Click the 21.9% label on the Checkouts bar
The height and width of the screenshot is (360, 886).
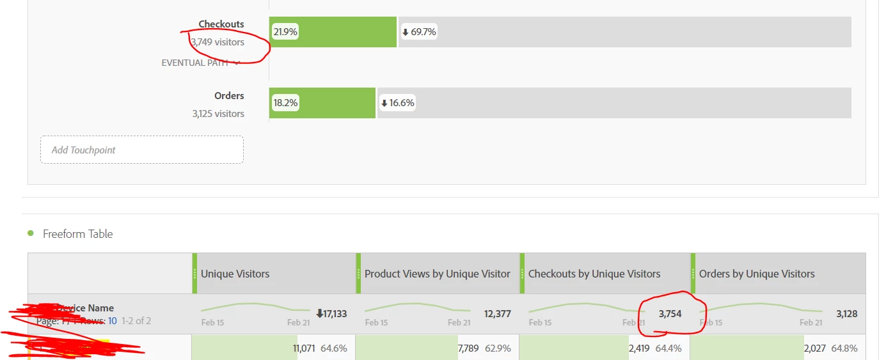pyautogui.click(x=285, y=32)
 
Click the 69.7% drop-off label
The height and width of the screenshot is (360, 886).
pyautogui.click(x=418, y=32)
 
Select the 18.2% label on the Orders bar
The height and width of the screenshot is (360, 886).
pyautogui.click(x=285, y=103)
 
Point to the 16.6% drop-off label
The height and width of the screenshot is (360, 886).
pyautogui.click(x=397, y=103)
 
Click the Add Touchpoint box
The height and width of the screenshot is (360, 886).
pyautogui.click(x=142, y=150)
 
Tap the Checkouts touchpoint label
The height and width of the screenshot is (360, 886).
pyautogui.click(x=221, y=24)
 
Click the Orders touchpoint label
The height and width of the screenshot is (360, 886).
pyautogui.click(x=229, y=96)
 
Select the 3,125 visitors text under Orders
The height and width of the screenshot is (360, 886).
pyautogui.click(x=218, y=114)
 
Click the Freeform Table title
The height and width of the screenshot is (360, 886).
pyautogui.click(x=77, y=234)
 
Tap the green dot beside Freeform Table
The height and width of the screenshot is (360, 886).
pyautogui.click(x=31, y=233)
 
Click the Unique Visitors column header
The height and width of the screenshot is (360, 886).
pyautogui.click(x=235, y=274)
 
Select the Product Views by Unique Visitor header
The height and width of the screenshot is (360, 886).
pyautogui.click(x=438, y=274)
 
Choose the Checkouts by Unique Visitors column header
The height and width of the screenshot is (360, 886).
pyautogui.click(x=594, y=274)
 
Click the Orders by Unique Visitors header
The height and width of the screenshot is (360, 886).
pyautogui.click(x=757, y=274)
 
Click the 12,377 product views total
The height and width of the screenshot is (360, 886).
pyautogui.click(x=496, y=314)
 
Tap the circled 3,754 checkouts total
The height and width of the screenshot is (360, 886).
pyautogui.click(x=670, y=314)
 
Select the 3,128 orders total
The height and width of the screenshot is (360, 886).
pyautogui.click(x=846, y=314)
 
